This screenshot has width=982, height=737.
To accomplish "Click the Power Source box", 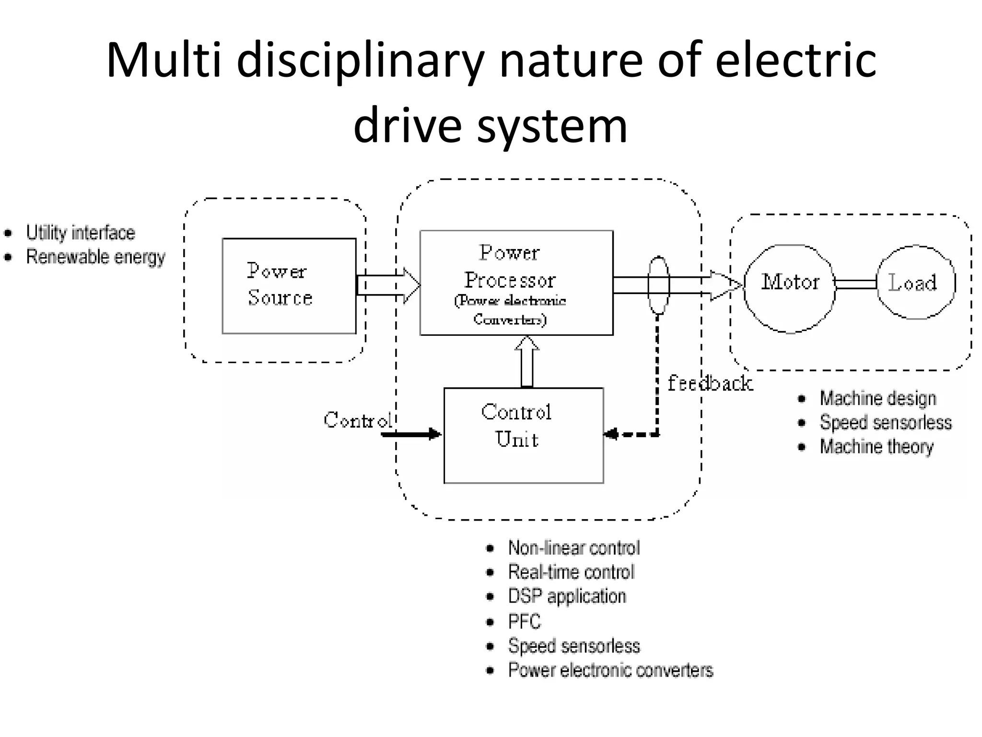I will click(x=289, y=285).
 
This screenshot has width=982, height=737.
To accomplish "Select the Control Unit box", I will click(x=523, y=435).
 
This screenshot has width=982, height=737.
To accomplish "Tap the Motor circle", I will click(x=789, y=288).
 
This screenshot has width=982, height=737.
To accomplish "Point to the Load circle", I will click(x=915, y=282).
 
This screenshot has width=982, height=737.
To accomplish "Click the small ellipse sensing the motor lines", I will click(x=658, y=285).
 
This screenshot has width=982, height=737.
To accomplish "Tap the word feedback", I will click(x=710, y=383).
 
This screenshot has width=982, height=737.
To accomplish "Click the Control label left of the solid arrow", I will click(x=357, y=420).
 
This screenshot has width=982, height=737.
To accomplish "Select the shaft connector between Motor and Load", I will click(x=856, y=284).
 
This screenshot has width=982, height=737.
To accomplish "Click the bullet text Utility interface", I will click(x=81, y=233).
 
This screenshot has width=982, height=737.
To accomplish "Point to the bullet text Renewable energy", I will click(x=95, y=257).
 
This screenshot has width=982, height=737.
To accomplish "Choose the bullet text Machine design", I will click(x=877, y=398).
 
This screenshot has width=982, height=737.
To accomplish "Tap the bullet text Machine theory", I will click(x=876, y=447).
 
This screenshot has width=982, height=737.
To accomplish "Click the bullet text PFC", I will click(x=524, y=622).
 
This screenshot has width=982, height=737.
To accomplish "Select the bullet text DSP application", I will click(x=567, y=596).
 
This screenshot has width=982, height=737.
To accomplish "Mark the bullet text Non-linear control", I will click(x=573, y=548).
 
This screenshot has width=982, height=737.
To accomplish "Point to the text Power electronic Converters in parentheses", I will click(x=510, y=310).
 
